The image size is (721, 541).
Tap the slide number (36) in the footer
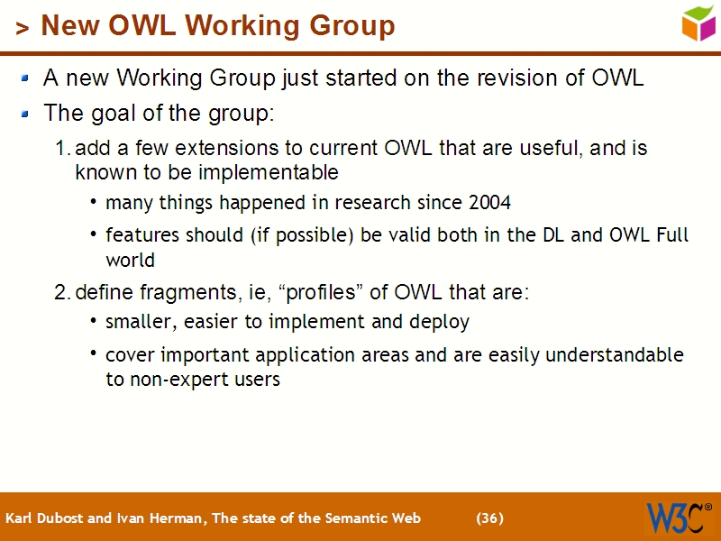pyautogui.click(x=489, y=518)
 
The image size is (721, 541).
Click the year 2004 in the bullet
pyautogui.click(x=490, y=203)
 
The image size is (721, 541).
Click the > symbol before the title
pyautogui.click(x=23, y=29)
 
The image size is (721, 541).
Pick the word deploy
pyautogui.click(x=440, y=322)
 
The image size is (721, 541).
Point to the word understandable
pyautogui.click(x=615, y=355)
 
